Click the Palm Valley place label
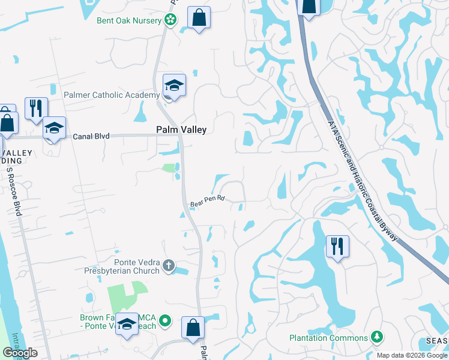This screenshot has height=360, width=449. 181,130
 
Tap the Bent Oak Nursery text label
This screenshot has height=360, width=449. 129,20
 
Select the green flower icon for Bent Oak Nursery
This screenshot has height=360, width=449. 170,20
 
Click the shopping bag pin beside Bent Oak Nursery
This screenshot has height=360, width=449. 199,17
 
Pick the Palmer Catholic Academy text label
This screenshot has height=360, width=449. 111,95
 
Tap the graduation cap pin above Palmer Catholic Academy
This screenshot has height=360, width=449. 173,85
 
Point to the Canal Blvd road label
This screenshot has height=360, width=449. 91,136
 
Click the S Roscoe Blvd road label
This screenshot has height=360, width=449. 13,192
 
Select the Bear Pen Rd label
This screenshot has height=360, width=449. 207,202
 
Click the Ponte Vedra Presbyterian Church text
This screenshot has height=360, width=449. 137,266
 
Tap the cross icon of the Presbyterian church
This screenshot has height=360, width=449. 169,264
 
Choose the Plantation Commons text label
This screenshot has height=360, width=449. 328,338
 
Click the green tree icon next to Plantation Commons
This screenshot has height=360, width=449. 377,336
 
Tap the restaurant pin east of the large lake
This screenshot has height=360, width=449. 337,246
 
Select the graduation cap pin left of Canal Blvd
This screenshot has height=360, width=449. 54,128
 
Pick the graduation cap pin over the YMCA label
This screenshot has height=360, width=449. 127,325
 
